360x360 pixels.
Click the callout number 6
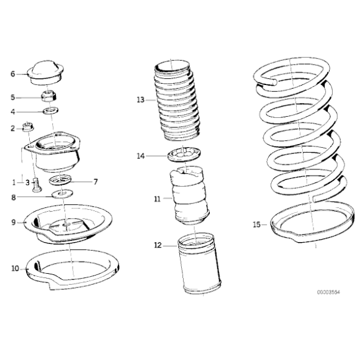pyautogui.click(x=12, y=74)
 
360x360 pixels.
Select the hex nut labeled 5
pyautogui.click(x=47, y=97)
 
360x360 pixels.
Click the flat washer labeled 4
pyautogui.click(x=50, y=111)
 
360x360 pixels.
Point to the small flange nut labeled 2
pyautogui.click(x=27, y=128)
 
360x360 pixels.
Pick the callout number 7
pyautogui.click(x=95, y=182)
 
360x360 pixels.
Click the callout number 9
pyautogui.click(x=13, y=221)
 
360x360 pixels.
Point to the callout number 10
pyautogui.click(x=14, y=269)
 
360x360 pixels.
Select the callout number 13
pyautogui.click(x=140, y=99)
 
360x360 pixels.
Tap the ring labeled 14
pyautogui.click(x=185, y=155)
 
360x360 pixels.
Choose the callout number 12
pyautogui.click(x=158, y=245)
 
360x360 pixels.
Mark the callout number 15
pyautogui.click(x=257, y=224)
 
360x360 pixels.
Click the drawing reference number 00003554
pyautogui.click(x=326, y=291)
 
